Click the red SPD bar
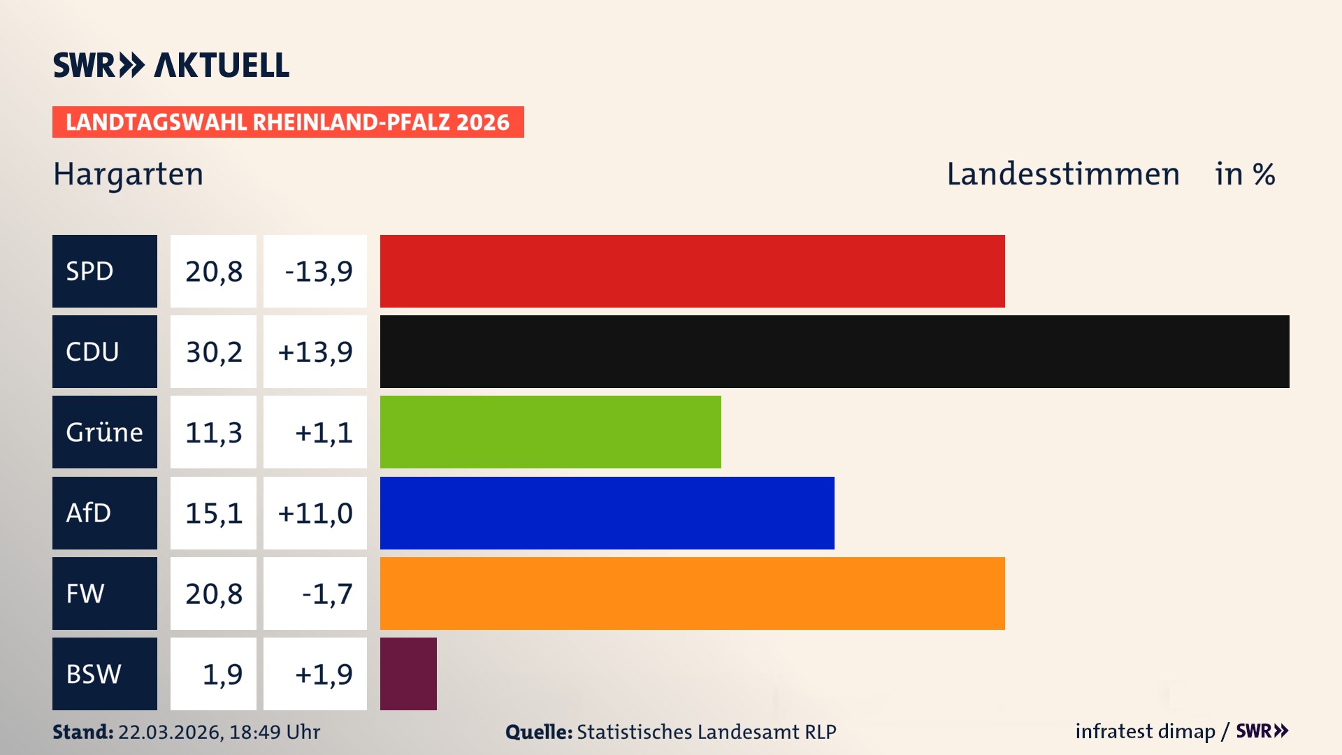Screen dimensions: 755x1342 pos(692,271)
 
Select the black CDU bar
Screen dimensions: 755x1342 pos(835,352)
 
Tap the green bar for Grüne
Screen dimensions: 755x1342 pos(550,432)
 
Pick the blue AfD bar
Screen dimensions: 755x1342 pos(607,513)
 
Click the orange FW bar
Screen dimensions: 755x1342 pos(692,594)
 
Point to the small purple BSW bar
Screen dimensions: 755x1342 pos(408,674)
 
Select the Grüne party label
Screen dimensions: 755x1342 pos(104,432)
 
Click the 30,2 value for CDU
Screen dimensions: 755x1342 pos(213,352)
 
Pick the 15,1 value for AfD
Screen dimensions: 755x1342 pos(213,513)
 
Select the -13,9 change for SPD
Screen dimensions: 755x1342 pos(318,271)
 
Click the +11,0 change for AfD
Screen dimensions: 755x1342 pos(315,513)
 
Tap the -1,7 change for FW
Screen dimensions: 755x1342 pos(326,594)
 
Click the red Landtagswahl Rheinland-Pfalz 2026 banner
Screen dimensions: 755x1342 pos(288,122)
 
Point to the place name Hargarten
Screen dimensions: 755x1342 pos(129,174)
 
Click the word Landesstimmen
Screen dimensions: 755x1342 pos(1062,174)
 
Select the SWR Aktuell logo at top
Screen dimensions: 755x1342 pos(171,65)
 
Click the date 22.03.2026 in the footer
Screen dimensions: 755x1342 pos(170,732)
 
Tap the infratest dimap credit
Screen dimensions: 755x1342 pos(1144,731)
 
